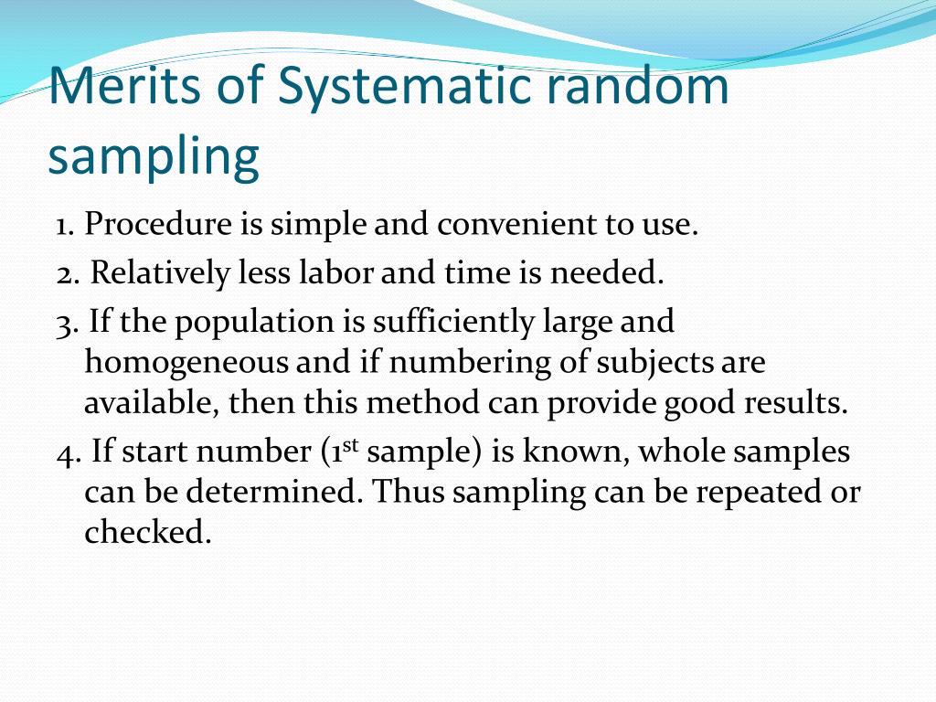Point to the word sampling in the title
pos(154,157)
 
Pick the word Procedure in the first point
pos(159,225)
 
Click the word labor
pos(340,272)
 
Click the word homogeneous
pos(187,363)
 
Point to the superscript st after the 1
pos(350,445)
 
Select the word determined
pos(273,492)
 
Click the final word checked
pos(147,532)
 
